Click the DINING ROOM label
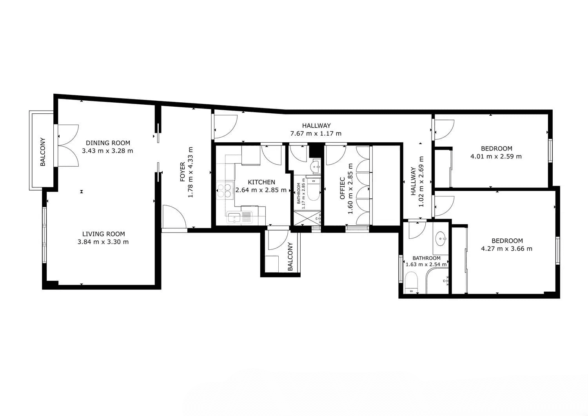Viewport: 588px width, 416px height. coord(108,143)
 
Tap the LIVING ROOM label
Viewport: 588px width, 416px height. coord(103,234)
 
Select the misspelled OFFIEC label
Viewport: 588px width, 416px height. coord(342,188)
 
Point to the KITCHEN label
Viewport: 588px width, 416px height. coord(261,182)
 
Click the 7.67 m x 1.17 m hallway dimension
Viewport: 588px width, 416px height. coord(316,133)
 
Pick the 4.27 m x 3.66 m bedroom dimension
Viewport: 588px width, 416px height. coord(506,249)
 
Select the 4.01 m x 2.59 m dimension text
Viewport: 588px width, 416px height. coord(496,156)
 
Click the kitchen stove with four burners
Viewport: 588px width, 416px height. coord(225,190)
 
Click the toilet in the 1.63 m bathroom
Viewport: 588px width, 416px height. coord(411,283)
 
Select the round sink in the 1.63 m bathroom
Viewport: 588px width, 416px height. coord(441,239)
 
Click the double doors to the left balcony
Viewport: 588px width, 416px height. coord(68,145)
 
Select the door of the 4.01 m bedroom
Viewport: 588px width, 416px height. coord(445,130)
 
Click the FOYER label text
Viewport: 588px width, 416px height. coord(182,172)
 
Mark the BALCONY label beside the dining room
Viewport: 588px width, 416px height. coord(42,152)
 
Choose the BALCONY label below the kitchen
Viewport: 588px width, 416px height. coord(290,256)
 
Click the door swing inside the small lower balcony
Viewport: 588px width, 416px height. coord(278,240)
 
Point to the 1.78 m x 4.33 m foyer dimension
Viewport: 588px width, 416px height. coord(191,172)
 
